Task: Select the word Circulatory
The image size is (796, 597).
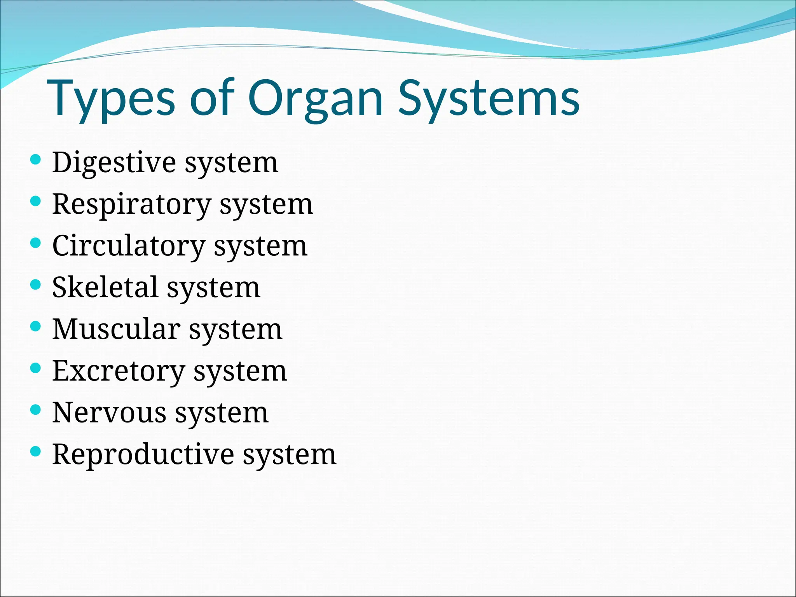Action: click(x=129, y=246)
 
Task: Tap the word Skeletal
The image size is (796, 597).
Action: click(x=105, y=288)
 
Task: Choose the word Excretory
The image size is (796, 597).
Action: click(x=119, y=371)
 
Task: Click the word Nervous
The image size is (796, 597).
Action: click(x=109, y=413)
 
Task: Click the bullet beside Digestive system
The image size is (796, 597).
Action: click(x=35, y=159)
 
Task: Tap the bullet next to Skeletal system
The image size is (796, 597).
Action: click(x=35, y=285)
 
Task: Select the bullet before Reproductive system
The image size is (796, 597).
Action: click(x=35, y=451)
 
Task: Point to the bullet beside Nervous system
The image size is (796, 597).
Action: click(x=35, y=410)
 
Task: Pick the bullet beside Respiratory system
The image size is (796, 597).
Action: click(x=35, y=201)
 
